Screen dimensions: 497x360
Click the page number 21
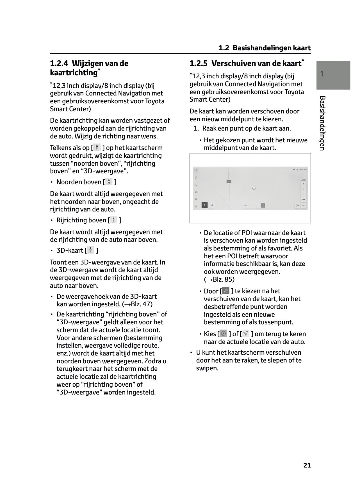(x=307, y=465)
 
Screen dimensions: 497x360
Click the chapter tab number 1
(x=322, y=74)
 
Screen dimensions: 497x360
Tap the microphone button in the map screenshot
(x=204, y=205)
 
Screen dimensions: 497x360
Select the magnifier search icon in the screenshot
(x=212, y=205)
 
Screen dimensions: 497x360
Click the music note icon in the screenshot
(x=196, y=177)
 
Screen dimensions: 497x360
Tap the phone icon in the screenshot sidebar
(x=196, y=185)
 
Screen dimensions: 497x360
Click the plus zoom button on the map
(x=304, y=189)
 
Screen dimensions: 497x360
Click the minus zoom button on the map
(x=304, y=194)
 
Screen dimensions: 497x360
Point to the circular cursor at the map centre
(x=254, y=188)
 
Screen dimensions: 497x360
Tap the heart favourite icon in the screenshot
(x=258, y=206)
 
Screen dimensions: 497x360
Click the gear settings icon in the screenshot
(x=196, y=206)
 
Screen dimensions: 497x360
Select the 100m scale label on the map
(x=303, y=179)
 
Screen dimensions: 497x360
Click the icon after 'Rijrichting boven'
(x=114, y=220)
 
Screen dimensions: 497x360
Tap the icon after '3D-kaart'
(x=91, y=250)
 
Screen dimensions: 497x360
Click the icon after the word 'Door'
(x=226, y=291)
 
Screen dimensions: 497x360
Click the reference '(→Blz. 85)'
(x=219, y=279)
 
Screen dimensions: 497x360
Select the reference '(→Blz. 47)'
(x=137, y=304)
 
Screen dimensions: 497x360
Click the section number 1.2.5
(x=199, y=63)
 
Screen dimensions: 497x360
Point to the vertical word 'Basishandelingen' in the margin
(x=322, y=123)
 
